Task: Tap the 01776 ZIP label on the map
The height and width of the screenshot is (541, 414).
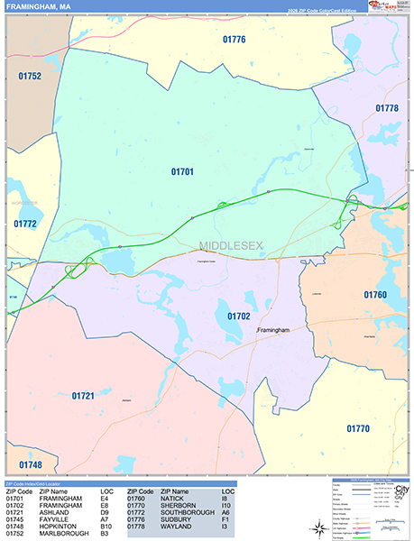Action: pos(235,40)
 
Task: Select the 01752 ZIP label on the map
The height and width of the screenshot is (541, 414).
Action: pos(28,77)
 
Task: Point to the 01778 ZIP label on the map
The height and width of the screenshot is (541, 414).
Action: pos(386,108)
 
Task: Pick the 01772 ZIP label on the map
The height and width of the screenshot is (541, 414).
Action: pos(25,223)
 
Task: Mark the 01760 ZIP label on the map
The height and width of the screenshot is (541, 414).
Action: pos(374,295)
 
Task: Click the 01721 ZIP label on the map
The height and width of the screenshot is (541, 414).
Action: pos(83,396)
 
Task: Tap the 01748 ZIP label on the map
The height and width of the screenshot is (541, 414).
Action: pos(29,464)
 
